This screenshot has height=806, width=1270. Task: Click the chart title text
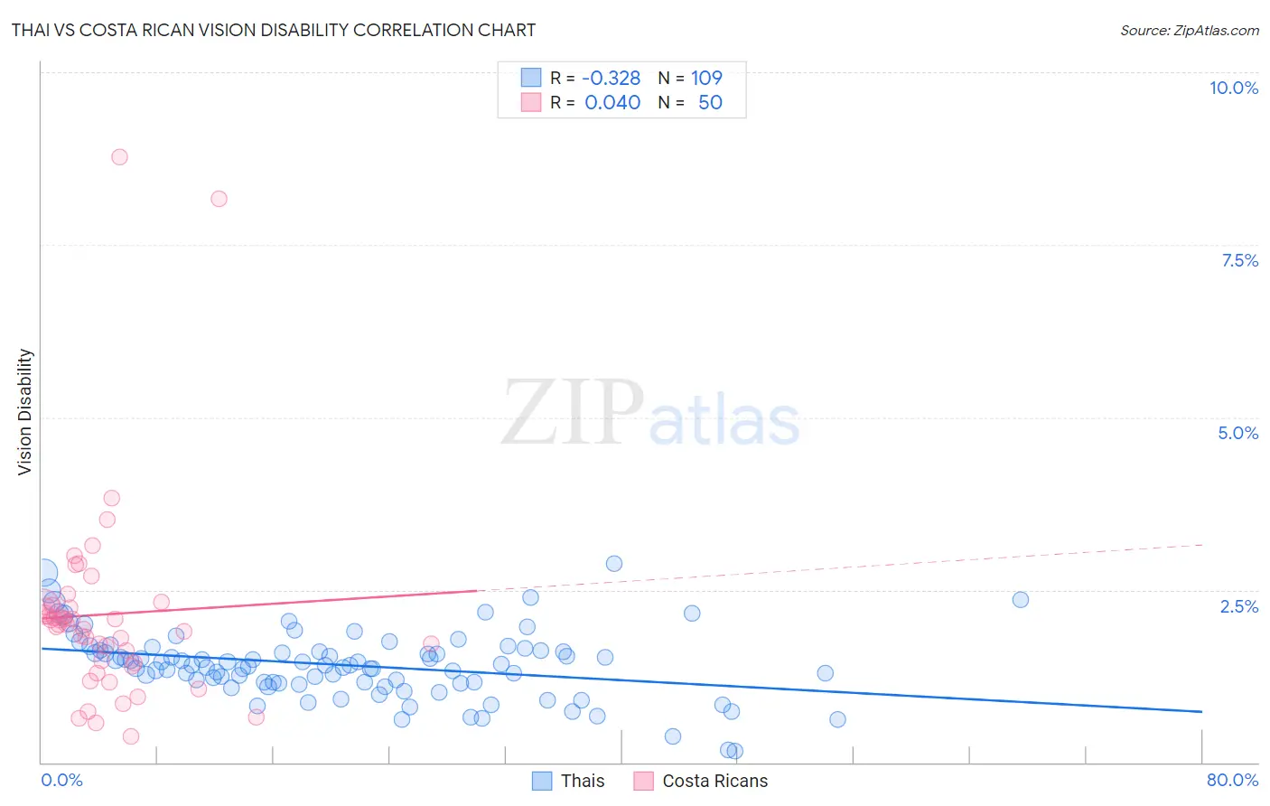(273, 30)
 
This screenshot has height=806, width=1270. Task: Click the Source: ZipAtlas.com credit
(1189, 30)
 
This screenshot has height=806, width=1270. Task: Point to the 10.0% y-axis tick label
(1233, 88)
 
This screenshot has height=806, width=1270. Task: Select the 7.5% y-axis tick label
(1239, 260)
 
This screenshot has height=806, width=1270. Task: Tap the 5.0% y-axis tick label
(1237, 433)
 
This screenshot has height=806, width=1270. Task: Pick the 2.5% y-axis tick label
(1238, 606)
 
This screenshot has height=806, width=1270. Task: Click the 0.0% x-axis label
(61, 780)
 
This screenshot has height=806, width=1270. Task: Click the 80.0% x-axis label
(1232, 780)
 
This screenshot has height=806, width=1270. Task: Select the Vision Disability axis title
(25, 412)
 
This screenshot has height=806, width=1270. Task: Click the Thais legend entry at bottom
(582, 781)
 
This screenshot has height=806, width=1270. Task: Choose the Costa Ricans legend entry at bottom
(714, 781)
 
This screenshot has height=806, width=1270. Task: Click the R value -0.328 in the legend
(611, 78)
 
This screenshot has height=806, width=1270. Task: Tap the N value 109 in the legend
(706, 78)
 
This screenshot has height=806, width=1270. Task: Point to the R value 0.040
(612, 102)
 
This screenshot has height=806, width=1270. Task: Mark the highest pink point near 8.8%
(119, 157)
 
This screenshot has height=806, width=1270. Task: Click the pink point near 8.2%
(219, 199)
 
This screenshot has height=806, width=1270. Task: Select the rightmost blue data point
(1021, 600)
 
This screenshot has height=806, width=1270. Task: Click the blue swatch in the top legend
(530, 78)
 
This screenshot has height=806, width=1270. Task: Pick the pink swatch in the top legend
(530, 102)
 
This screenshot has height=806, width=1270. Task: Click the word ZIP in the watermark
(572, 414)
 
